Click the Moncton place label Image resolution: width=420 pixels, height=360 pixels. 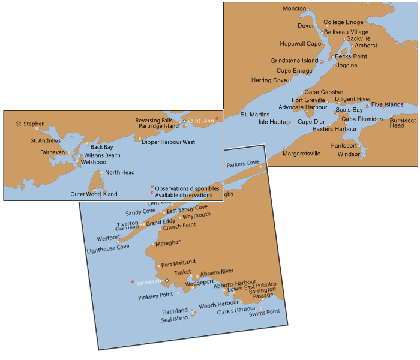coord(295,10)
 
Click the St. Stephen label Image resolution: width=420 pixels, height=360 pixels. coord(31,124)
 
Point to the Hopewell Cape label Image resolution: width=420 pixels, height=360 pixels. coord(301,44)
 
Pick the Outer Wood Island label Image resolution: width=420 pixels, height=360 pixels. coord(94,194)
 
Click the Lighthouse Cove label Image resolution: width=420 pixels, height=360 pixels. coord(107,247)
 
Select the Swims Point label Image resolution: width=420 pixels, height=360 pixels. coord(265,312)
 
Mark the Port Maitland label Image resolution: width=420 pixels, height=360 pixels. coord(178,263)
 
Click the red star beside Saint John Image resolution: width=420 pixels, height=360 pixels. coord(217,119)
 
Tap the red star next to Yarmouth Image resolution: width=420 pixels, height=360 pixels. coord(132,281)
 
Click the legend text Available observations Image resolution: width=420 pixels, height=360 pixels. coord(184,195)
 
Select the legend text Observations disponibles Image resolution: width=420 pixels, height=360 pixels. coord(187,188)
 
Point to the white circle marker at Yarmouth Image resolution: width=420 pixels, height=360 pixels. coord(167,280)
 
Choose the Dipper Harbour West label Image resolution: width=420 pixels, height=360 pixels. coord(169,142)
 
